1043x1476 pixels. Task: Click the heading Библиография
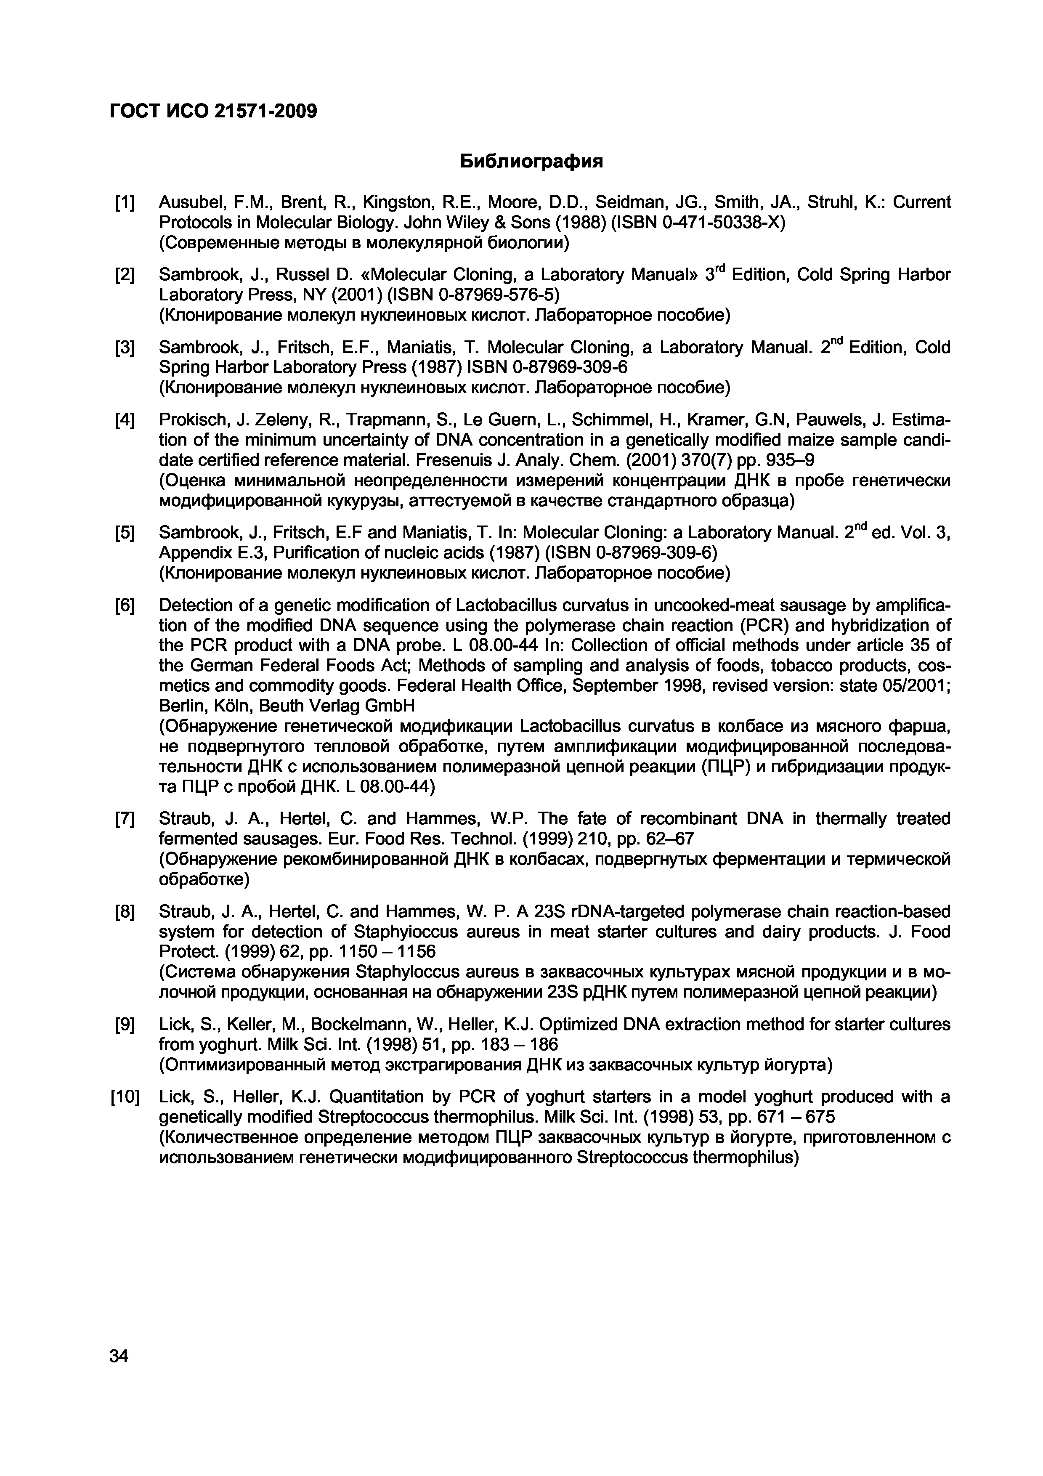[x=532, y=161]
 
